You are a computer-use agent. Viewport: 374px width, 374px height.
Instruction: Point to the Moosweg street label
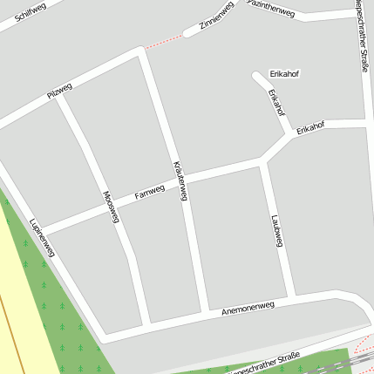pyautogui.click(x=110, y=207)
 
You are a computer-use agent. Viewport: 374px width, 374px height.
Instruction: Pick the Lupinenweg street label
pyautogui.click(x=41, y=237)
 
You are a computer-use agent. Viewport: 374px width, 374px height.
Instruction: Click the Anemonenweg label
pyautogui.click(x=248, y=306)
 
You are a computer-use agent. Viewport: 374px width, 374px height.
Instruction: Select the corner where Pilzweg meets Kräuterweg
pyautogui.click(x=139, y=53)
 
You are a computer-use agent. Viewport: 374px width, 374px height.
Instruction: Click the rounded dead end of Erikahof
pyautogui.click(x=257, y=76)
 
